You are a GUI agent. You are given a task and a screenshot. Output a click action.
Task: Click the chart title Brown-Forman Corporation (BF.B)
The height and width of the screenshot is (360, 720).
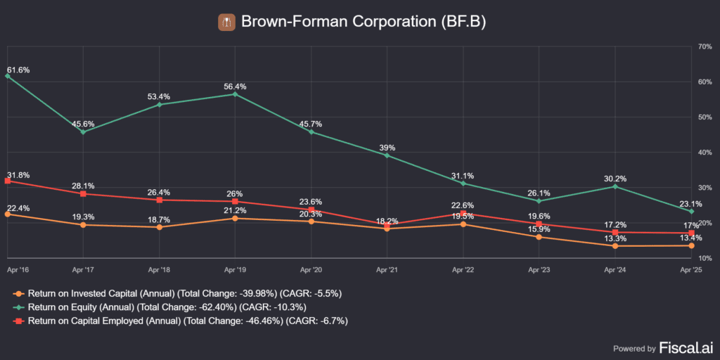363,22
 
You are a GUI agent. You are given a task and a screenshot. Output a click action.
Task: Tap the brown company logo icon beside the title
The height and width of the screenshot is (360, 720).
226,22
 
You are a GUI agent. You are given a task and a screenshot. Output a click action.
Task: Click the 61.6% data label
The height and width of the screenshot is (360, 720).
18,70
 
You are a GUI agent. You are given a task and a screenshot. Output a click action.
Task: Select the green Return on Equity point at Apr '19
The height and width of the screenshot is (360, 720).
236,94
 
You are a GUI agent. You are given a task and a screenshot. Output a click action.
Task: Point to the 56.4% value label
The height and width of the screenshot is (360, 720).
235,86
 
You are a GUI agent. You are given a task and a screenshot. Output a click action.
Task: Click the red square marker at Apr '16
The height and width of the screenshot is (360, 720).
8,181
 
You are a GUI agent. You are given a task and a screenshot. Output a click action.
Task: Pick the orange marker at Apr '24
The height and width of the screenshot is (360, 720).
615,246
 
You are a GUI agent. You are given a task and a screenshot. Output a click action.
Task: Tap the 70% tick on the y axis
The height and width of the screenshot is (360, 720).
704,46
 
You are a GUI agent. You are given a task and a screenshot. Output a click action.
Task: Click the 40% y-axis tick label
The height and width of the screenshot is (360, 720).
704,152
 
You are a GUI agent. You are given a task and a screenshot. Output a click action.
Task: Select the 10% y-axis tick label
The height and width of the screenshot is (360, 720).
704,258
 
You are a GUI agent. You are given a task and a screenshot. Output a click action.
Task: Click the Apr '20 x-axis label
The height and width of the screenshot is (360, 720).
311,269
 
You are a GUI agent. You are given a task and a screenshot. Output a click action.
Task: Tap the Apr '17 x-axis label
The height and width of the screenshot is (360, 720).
84,269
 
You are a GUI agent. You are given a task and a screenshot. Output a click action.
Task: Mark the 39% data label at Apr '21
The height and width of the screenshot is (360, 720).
387,148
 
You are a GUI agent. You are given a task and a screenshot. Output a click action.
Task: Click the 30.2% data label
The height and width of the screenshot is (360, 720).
615,179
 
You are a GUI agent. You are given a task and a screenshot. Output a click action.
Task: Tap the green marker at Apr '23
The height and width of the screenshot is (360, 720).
539,200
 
